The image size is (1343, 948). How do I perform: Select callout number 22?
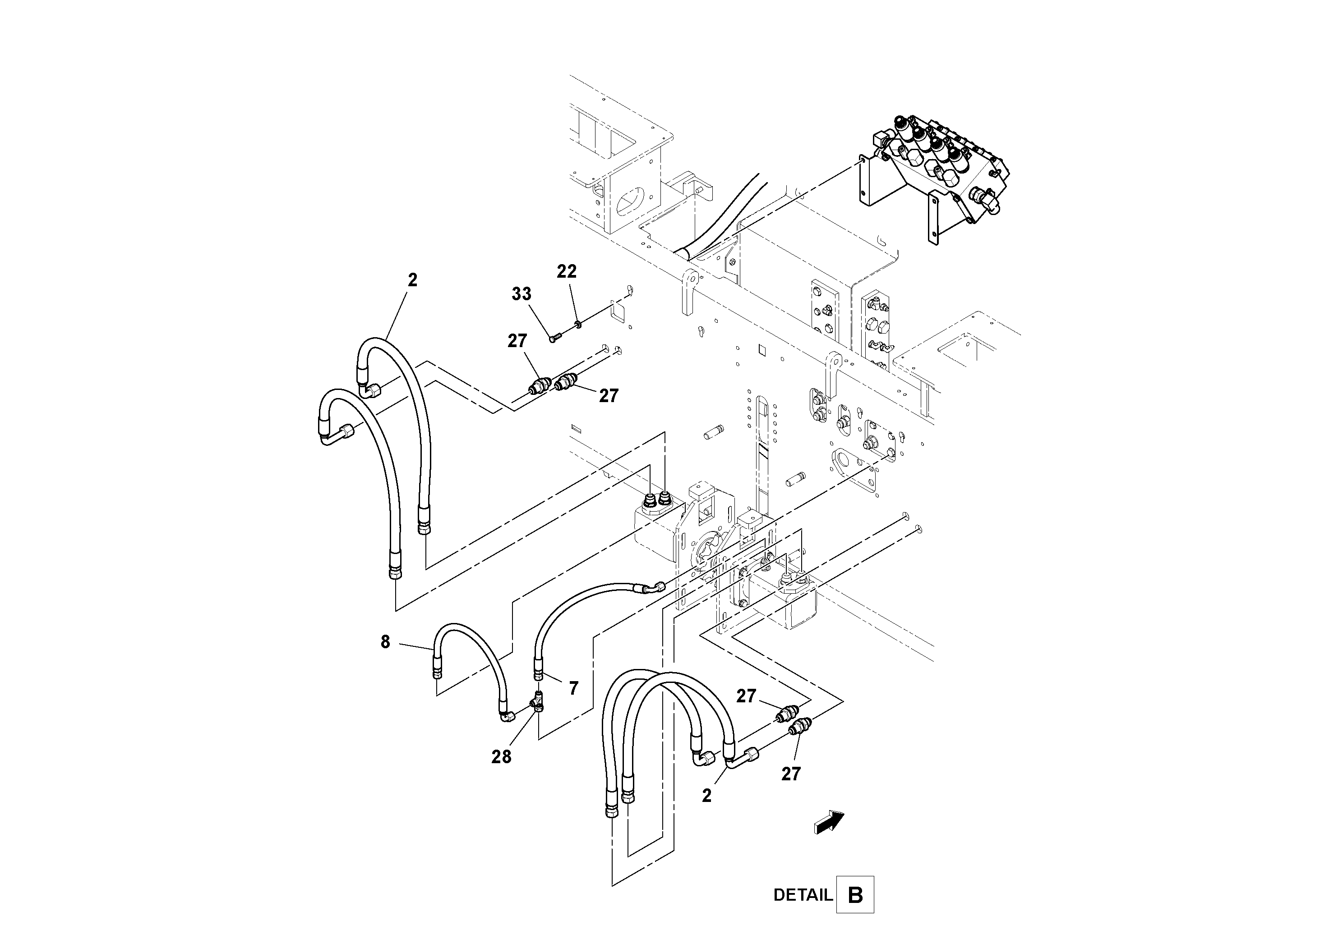coord(566,271)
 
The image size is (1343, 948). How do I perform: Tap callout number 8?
coord(385,642)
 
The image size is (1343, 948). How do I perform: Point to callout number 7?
coord(573,688)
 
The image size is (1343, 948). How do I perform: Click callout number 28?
coord(501,757)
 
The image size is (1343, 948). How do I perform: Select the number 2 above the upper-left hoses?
coord(412,280)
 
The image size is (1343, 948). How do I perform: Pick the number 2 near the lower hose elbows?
coord(706,796)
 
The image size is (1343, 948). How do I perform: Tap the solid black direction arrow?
coord(829,822)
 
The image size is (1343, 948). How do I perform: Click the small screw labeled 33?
coord(555,337)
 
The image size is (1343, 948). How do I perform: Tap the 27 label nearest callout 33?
coord(517,341)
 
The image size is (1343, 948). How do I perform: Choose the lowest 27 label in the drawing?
coord(790,774)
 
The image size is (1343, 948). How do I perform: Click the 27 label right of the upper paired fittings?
coord(608,396)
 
